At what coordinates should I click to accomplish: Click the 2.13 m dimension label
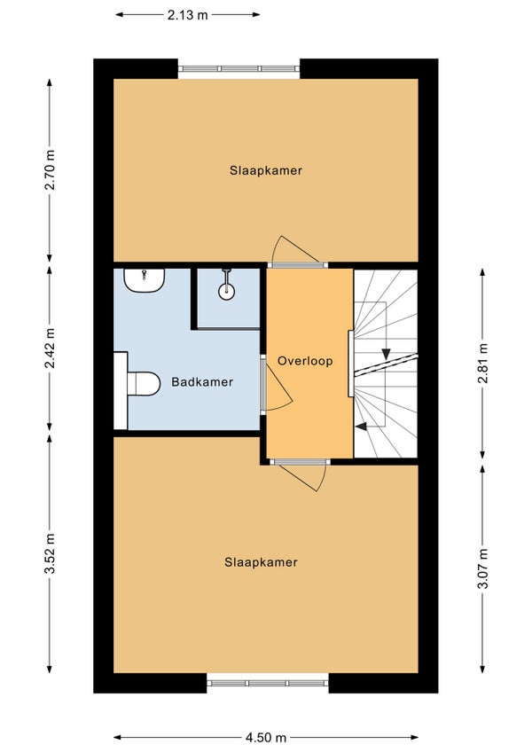click(188, 15)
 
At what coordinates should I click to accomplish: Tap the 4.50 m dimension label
click(265, 737)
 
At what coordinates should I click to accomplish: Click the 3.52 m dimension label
click(50, 552)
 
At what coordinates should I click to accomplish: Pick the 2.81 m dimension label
click(482, 362)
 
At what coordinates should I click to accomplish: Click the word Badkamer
click(202, 382)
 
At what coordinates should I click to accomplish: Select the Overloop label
click(304, 362)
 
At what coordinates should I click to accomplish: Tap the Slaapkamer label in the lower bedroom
click(261, 562)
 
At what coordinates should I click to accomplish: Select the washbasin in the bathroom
click(145, 281)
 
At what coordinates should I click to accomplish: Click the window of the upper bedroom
click(239, 69)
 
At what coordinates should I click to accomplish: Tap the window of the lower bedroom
click(268, 683)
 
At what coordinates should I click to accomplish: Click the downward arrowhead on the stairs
click(387, 355)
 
